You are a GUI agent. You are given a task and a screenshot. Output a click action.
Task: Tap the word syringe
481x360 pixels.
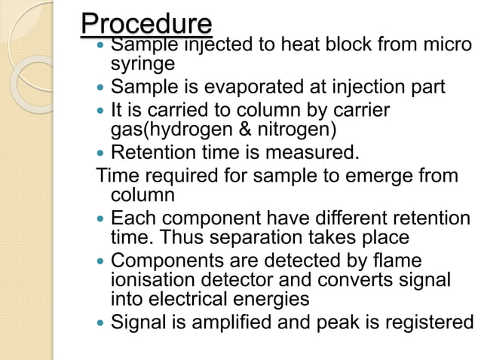coord(143,64)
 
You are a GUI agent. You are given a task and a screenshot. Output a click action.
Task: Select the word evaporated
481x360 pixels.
coord(257,87)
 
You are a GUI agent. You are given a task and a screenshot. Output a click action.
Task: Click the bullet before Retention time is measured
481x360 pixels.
coord(103,154)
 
